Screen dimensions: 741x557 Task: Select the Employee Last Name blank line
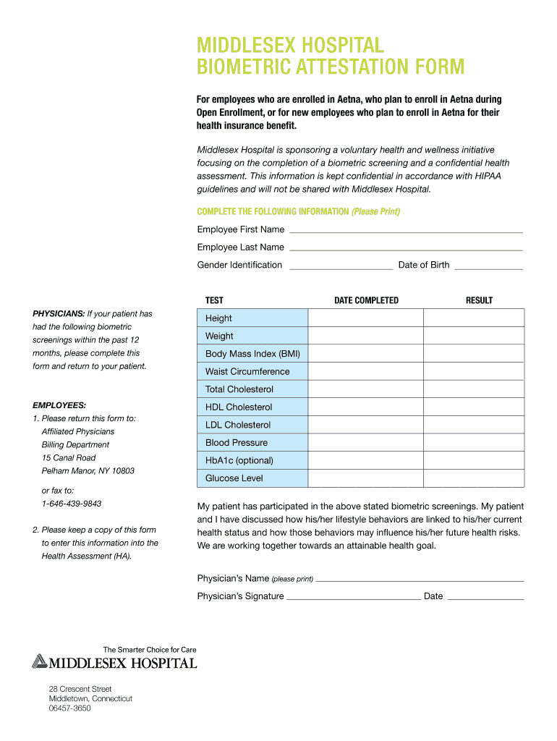coord(405,247)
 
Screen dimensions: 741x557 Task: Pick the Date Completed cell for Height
coord(365,318)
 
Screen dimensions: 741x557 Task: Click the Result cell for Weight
coord(474,336)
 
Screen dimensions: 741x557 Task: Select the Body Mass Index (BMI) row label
coord(252,354)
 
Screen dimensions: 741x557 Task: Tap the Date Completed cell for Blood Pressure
coord(365,443)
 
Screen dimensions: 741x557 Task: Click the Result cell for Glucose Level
coord(474,478)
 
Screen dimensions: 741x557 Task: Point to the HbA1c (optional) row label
coord(239,460)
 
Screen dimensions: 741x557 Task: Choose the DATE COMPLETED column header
coord(366,300)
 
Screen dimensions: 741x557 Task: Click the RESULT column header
coord(479,300)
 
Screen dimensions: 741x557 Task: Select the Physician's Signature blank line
coord(353,597)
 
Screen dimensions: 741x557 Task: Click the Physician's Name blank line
coord(420,579)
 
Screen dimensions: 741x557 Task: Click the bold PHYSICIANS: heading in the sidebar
coord(59,314)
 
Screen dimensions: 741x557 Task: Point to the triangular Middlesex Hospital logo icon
coord(39,661)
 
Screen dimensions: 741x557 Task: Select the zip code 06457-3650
coord(70,708)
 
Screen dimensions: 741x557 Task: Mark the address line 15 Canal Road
coord(69,458)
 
